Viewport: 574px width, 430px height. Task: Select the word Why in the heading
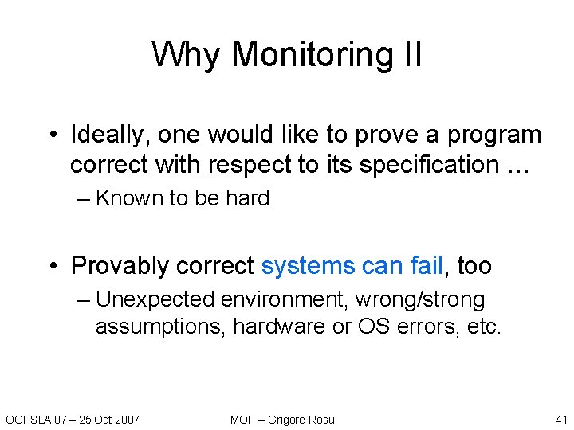pos(187,54)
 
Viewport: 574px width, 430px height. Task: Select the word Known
pos(129,198)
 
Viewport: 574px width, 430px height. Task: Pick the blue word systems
pos(309,265)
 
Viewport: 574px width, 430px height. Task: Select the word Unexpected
pos(155,300)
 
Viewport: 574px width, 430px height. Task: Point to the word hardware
pos(277,327)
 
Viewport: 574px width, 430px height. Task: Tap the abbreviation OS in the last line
pos(372,327)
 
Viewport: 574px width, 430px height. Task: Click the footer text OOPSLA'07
pos(33,420)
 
